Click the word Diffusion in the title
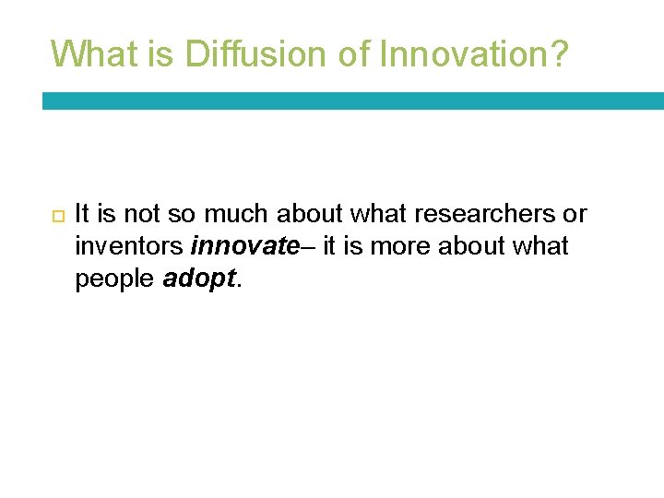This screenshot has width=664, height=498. tap(243, 53)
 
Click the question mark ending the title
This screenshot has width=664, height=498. tap(561, 53)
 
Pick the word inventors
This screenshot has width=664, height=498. tap(129, 247)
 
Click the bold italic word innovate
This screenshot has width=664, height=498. tap(243, 247)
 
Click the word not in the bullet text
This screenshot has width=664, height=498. tap(142, 215)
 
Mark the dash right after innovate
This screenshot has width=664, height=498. tap(309, 247)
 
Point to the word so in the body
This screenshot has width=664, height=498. tap(183, 215)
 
